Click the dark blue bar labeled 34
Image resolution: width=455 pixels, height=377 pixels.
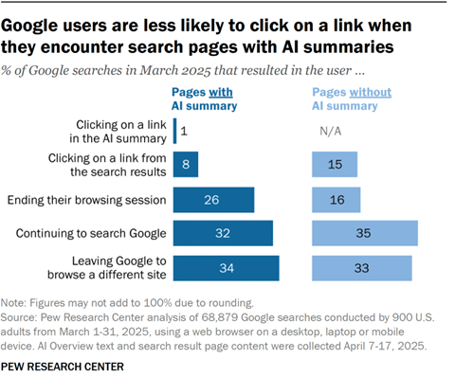(226, 268)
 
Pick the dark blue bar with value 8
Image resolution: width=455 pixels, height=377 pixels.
(186, 165)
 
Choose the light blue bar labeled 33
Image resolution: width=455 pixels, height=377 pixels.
(362, 268)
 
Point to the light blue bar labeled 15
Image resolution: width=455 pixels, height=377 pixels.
(335, 165)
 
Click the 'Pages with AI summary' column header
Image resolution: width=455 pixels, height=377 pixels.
(204, 98)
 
